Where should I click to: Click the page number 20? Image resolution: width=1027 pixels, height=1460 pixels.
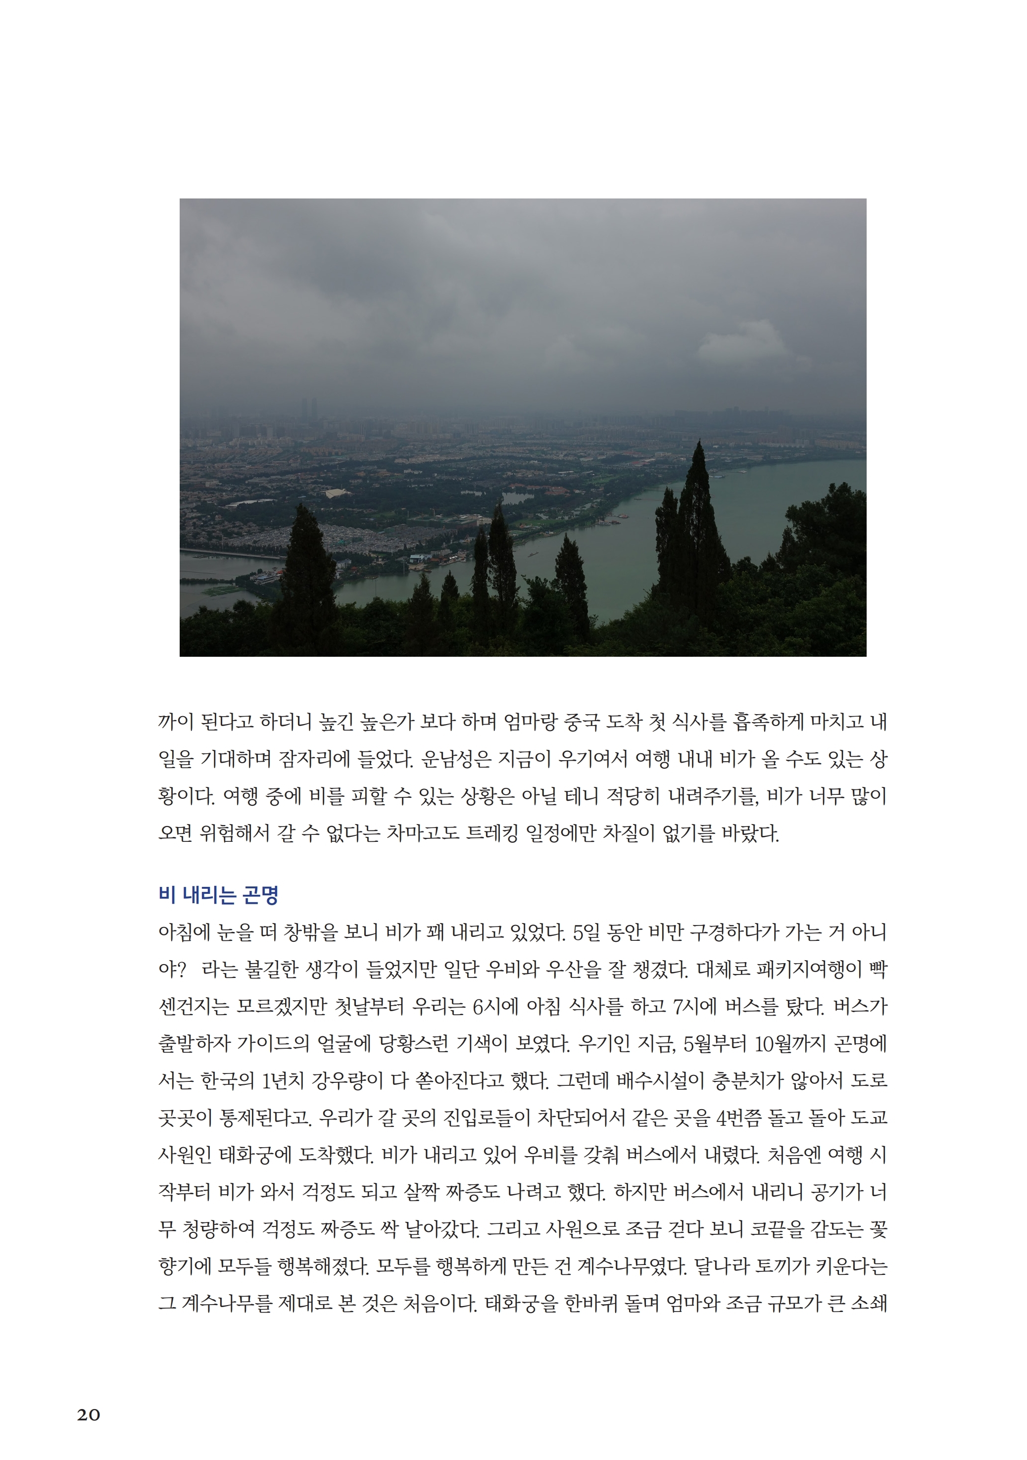[x=89, y=1414]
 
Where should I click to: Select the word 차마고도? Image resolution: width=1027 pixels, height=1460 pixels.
[x=419, y=833]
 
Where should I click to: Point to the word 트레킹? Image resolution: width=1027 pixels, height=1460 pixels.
[x=491, y=833]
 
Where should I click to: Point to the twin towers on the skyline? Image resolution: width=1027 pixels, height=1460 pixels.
[x=308, y=407]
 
